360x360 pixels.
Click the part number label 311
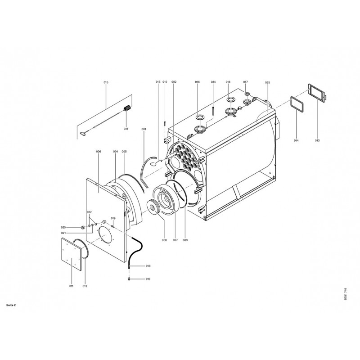(126, 129)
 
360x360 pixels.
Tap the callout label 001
(144, 129)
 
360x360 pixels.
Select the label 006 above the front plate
(99, 152)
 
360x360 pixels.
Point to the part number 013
(317, 140)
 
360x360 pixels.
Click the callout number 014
(296, 140)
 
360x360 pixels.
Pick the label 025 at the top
(267, 82)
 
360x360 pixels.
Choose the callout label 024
(213, 82)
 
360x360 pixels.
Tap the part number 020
(63, 228)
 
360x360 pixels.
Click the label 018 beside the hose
(148, 266)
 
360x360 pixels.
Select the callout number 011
(71, 286)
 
